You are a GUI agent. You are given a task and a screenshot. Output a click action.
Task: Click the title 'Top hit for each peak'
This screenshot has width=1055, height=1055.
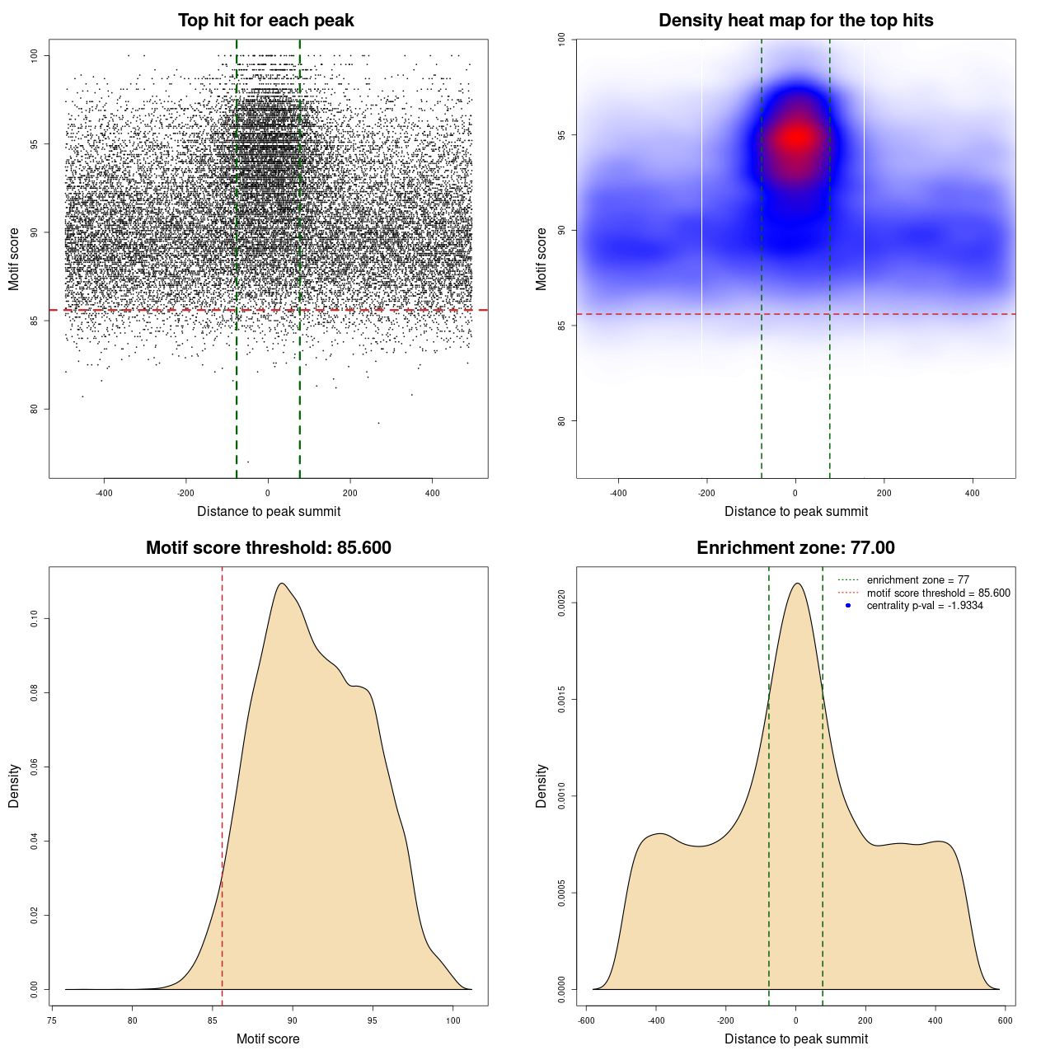pos(266,21)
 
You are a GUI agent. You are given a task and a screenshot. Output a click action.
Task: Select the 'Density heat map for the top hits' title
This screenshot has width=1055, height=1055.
pos(795,21)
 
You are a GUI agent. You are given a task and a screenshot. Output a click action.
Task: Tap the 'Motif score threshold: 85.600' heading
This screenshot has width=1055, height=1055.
pos(268,548)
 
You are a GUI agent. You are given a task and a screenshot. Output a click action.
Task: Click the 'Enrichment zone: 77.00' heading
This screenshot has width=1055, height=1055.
pos(795,548)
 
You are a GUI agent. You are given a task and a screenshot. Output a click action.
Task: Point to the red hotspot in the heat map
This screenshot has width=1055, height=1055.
pos(796,138)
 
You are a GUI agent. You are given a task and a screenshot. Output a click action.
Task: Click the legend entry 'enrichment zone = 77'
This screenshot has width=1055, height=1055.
pos(917,580)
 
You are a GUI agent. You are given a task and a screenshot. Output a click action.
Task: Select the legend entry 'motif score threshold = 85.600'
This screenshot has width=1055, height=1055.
pos(938,593)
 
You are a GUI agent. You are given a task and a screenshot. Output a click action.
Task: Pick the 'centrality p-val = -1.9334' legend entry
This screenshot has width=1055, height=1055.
pos(925,606)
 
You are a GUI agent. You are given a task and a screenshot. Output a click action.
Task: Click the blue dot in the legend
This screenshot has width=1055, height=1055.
pos(848,606)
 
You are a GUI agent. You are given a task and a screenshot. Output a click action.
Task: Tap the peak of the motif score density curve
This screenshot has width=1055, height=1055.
pos(282,584)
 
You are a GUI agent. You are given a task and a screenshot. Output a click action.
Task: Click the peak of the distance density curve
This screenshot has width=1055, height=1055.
pos(796,584)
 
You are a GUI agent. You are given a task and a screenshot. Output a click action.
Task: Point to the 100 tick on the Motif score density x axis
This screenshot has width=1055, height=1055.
pos(453,1020)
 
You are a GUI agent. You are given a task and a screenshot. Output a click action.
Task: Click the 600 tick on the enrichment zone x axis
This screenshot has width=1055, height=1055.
pos(1006,1020)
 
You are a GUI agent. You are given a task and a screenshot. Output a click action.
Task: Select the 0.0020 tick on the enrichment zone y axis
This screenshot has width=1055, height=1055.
pos(562,603)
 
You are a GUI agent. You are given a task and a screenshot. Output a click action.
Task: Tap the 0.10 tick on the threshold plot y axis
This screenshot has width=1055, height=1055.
pos(35,618)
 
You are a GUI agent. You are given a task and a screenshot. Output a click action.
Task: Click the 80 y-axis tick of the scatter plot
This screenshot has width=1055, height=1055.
pos(35,409)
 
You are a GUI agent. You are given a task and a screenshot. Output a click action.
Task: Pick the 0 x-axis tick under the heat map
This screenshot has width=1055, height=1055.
pos(795,493)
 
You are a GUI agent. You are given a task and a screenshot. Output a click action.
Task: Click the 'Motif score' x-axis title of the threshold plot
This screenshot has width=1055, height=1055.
pos(268,1039)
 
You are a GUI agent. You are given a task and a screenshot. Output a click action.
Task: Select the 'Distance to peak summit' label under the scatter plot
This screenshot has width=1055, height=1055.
pos(269,511)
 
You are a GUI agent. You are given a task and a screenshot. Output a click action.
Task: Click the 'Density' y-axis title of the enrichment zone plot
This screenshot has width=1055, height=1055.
pos(542,785)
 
